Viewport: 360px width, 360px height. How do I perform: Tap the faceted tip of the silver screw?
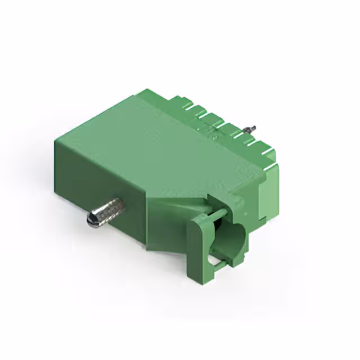91,219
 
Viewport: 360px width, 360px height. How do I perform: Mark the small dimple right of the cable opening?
240,204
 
